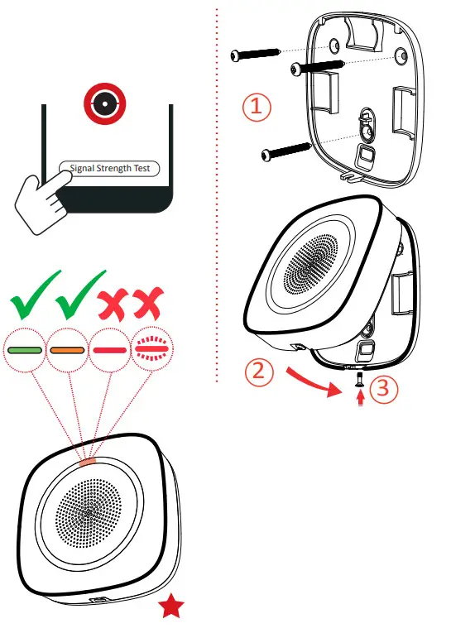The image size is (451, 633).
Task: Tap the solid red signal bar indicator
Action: [110, 349]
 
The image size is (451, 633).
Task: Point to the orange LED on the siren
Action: [90, 458]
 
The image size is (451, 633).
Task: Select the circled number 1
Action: [257, 107]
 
